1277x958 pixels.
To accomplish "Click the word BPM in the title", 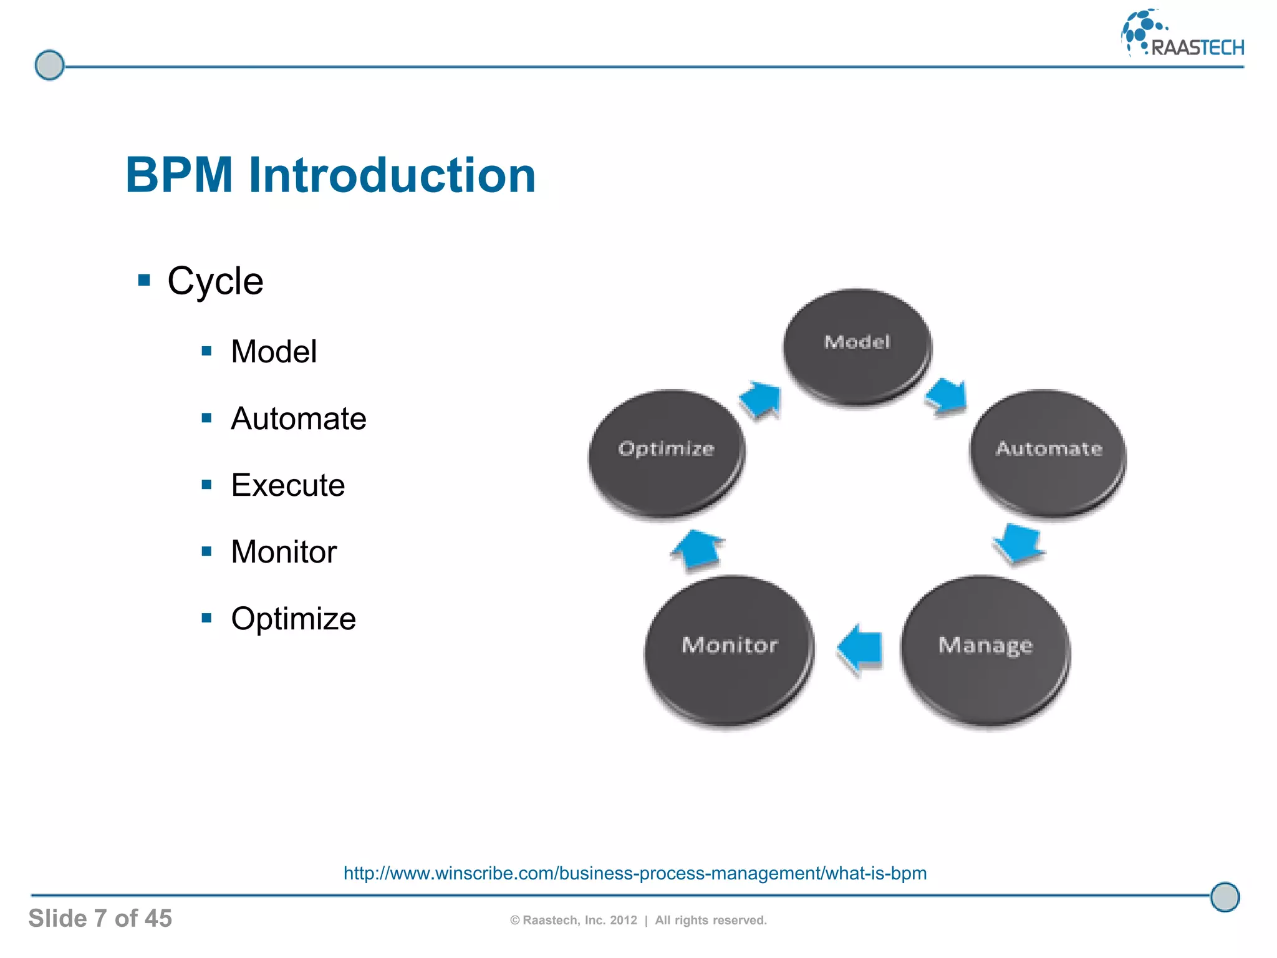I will coord(179,175).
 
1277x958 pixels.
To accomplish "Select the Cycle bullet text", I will coord(215,281).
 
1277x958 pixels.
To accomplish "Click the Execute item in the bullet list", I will coord(287,485).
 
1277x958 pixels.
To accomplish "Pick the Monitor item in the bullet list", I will coord(284,552).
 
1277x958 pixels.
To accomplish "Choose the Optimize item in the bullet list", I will coord(293,619).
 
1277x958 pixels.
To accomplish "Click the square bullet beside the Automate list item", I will coord(207,418).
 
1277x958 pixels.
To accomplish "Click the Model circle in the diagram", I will coord(857,346).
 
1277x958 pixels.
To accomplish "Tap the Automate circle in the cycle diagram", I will coord(1048,452).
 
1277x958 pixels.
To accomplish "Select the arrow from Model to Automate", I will coord(947,397).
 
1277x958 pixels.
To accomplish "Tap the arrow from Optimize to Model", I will coord(761,399).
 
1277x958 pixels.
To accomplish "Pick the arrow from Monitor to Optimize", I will coord(697,549).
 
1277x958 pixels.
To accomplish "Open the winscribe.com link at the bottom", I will coord(635,873).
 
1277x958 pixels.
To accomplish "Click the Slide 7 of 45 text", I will coord(100,918).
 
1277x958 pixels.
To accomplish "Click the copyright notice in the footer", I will coord(638,920).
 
